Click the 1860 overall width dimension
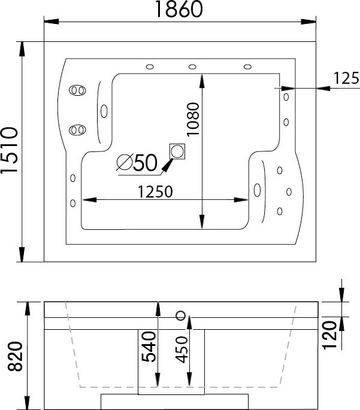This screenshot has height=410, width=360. [x=179, y=9]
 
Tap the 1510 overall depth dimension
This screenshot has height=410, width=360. [x=9, y=150]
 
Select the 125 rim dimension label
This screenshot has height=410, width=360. [x=346, y=78]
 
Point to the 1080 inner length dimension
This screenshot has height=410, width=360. [x=193, y=119]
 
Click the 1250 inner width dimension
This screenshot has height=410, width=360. [x=155, y=192]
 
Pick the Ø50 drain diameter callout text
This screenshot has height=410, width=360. [x=137, y=163]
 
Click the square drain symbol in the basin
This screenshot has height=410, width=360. [x=177, y=151]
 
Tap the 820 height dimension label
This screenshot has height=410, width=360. [x=15, y=356]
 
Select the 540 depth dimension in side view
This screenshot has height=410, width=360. [x=149, y=347]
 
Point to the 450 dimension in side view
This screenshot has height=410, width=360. [x=181, y=350]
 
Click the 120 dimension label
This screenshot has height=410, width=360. [x=329, y=335]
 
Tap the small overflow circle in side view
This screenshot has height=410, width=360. [x=181, y=315]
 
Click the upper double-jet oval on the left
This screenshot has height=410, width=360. [x=77, y=90]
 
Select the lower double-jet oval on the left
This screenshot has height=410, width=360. [x=77, y=130]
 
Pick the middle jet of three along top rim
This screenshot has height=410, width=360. [x=192, y=67]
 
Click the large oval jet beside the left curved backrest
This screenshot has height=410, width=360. [x=104, y=111]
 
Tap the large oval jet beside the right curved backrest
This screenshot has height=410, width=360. [x=257, y=190]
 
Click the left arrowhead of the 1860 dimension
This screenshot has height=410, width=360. [x=52, y=22]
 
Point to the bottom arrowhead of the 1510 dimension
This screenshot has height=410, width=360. [x=22, y=255]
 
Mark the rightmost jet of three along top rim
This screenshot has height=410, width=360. [x=247, y=67]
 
